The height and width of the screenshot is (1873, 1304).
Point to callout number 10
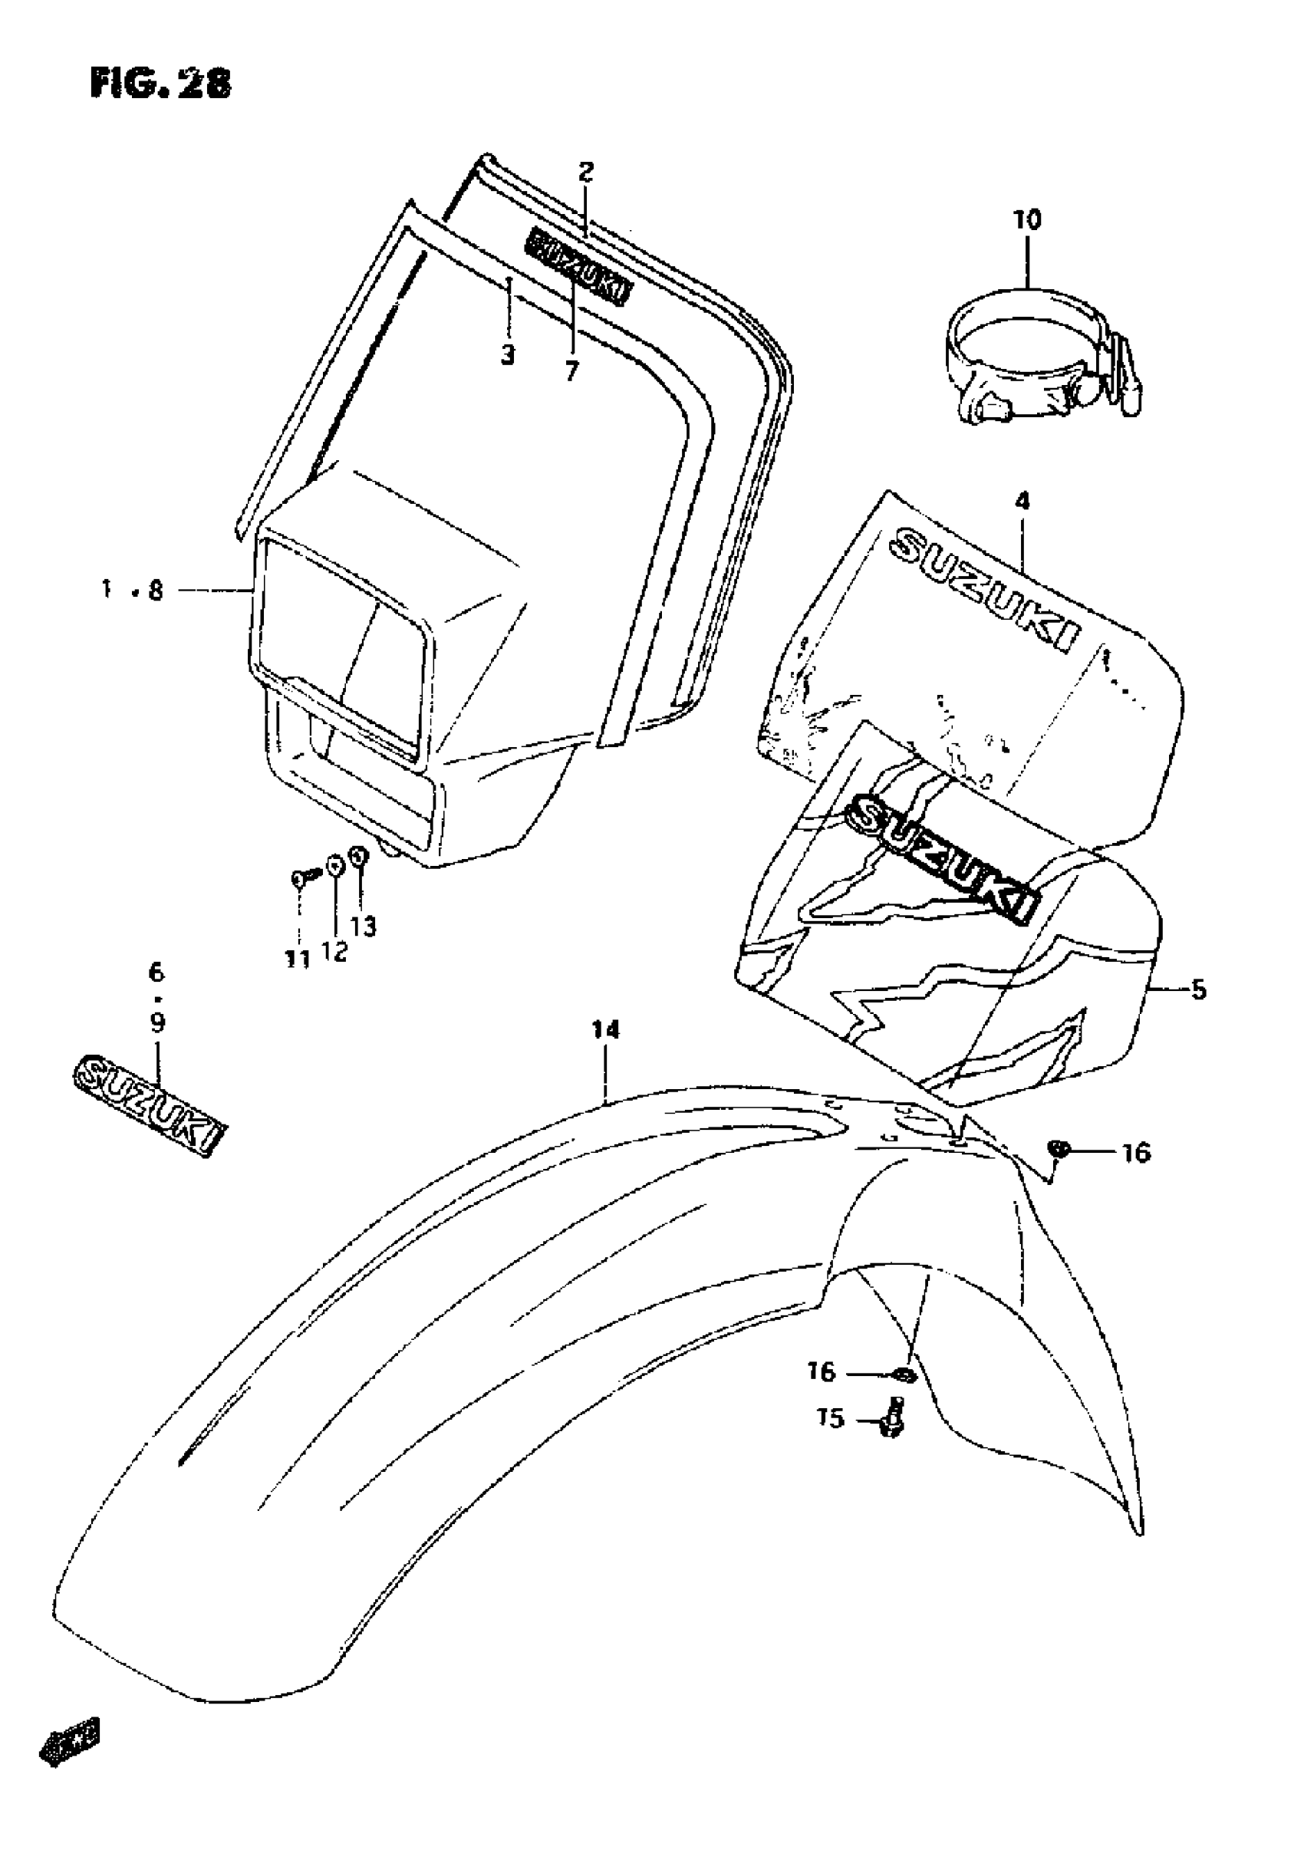coord(1027,220)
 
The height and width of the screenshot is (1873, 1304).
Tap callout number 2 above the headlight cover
coord(586,172)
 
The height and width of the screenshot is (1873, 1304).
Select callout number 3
coord(508,355)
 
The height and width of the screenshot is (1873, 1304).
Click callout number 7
coord(571,371)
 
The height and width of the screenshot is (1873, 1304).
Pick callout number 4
coord(1022,500)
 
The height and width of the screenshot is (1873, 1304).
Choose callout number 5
coord(1198,990)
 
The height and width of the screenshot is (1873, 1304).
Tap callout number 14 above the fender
coord(605,1030)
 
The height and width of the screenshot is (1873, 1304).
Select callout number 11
coord(297,960)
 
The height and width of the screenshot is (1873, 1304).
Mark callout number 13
coord(364,926)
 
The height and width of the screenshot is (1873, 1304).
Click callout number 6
coord(156,973)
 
